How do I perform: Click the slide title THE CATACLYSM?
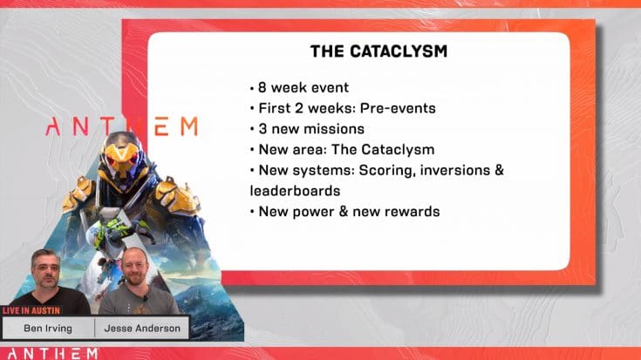pyautogui.click(x=378, y=51)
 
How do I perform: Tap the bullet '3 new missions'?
pyautogui.click(x=302, y=129)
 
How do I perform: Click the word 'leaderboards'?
pyautogui.click(x=295, y=189)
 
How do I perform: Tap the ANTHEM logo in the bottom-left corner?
pyautogui.click(x=38, y=351)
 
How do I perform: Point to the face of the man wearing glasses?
pyautogui.click(x=134, y=266)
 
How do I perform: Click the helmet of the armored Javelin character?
pyautogui.click(x=122, y=154)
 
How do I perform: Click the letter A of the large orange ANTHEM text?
pyautogui.click(x=53, y=127)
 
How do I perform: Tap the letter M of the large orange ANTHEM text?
pyautogui.click(x=186, y=127)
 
